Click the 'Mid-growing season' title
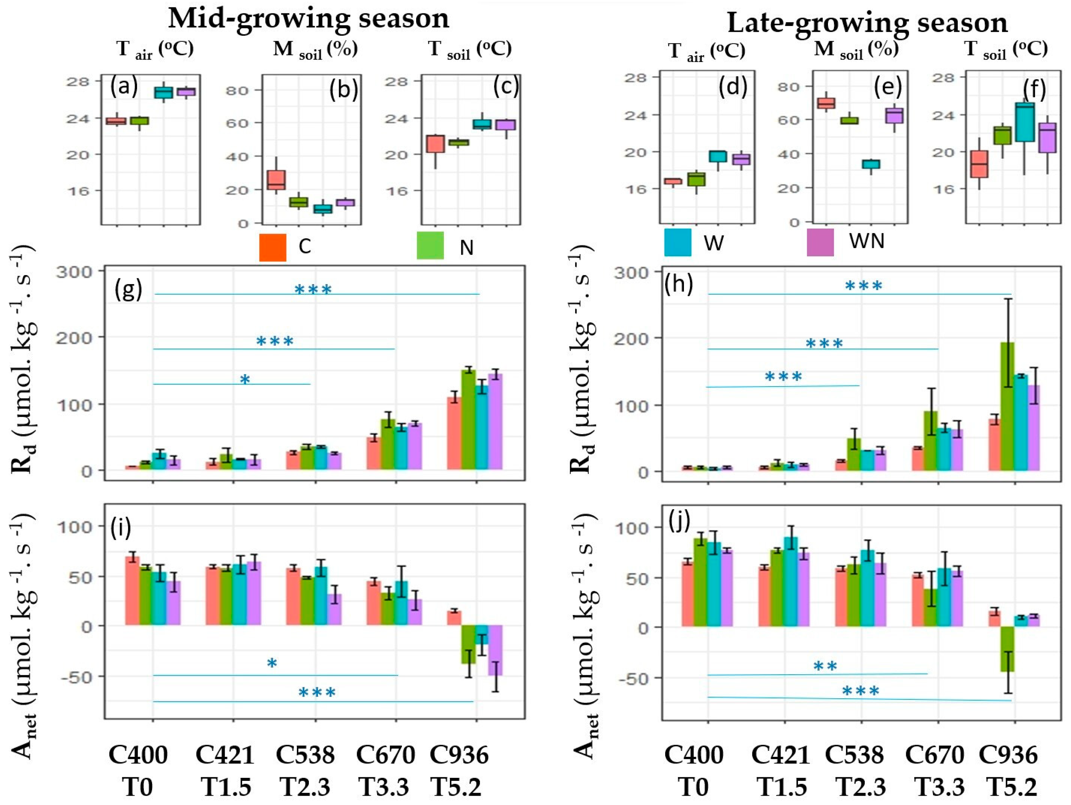[309, 18]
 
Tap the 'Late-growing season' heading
[867, 22]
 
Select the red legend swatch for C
[272, 247]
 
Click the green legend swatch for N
[430, 246]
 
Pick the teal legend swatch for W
[677, 242]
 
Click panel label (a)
[124, 86]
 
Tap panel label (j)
[679, 523]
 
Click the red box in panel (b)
[276, 180]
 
